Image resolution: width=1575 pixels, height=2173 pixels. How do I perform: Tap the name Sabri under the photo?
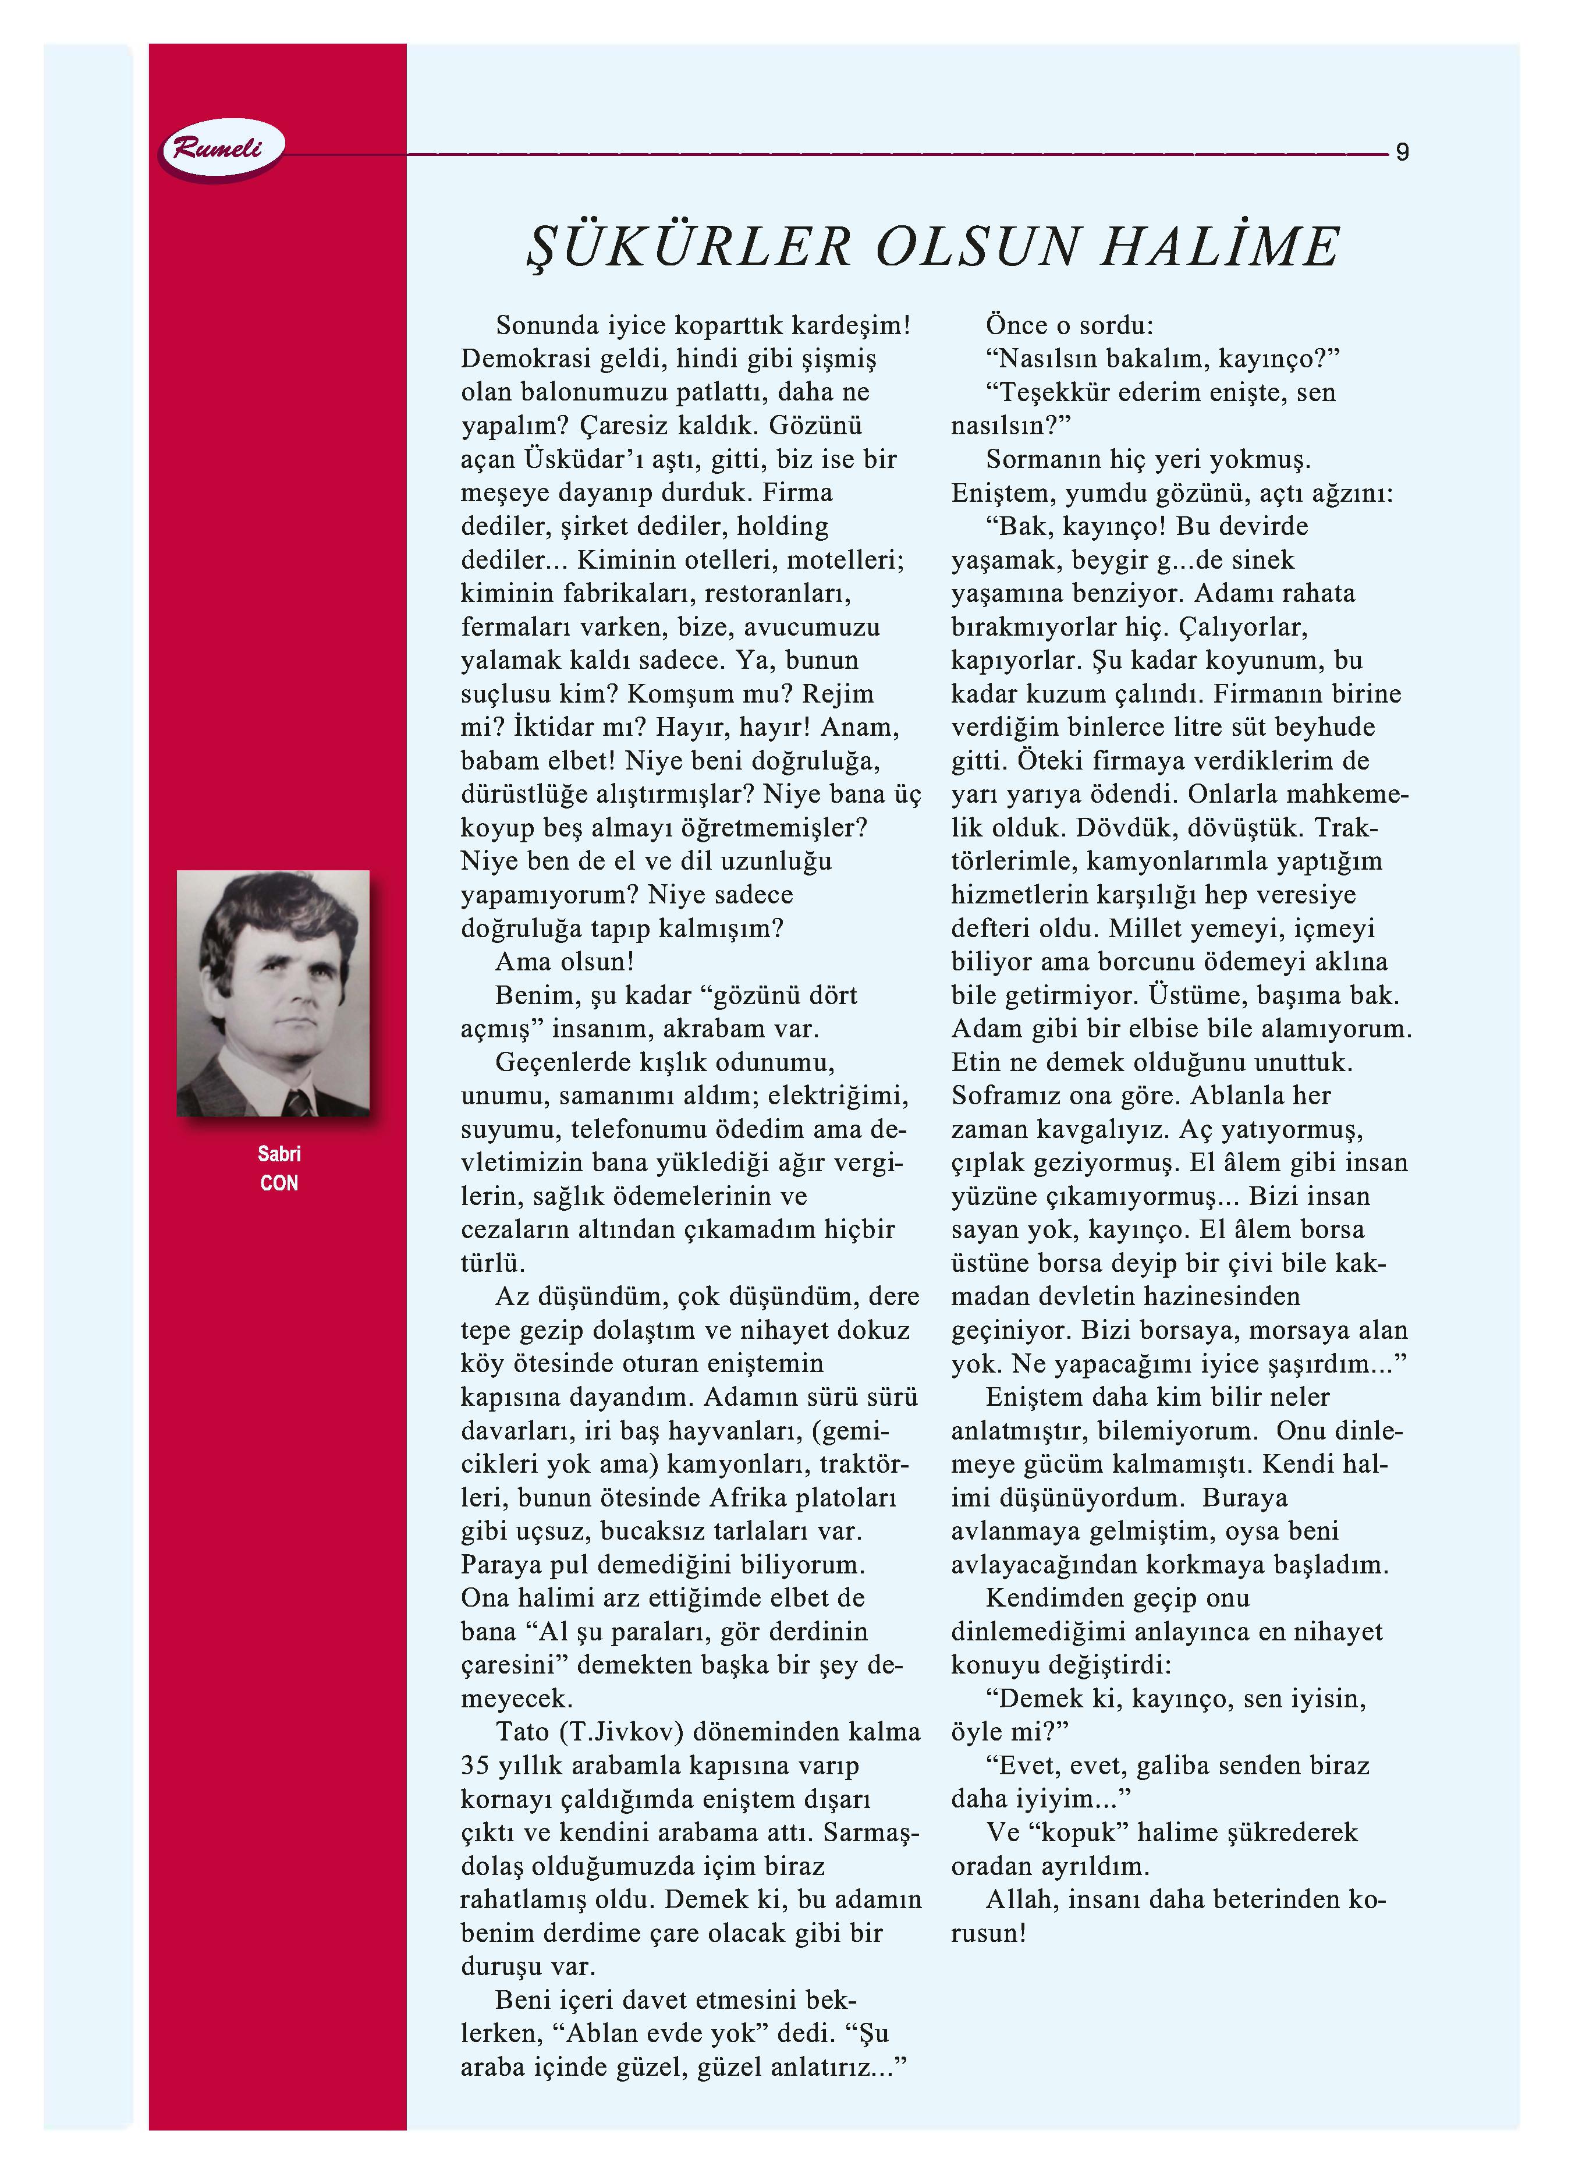[279, 1154]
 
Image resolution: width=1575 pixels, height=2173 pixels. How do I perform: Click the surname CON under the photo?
[279, 1183]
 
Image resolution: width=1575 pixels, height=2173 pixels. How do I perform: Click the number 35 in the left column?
[475, 1766]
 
